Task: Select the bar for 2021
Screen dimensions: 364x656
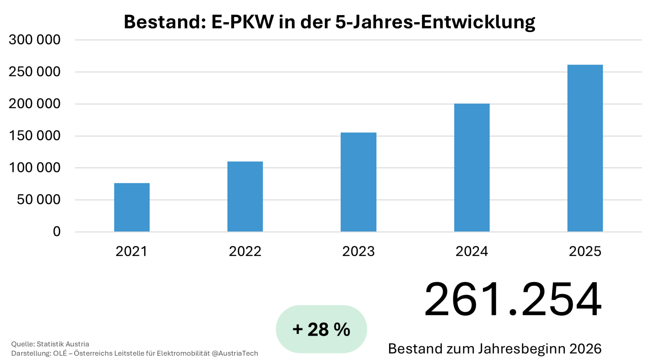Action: [132, 207]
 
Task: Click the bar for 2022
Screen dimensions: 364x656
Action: [245, 196]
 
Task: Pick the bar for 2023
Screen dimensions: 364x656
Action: [358, 182]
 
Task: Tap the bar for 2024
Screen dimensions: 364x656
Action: [472, 167]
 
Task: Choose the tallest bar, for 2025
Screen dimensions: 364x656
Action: [585, 148]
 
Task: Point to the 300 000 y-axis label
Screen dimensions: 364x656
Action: [35, 40]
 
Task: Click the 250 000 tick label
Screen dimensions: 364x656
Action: [35, 72]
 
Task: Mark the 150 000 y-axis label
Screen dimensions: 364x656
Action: [35, 136]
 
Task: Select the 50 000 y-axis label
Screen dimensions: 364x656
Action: [39, 200]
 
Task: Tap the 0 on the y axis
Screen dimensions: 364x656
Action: [57, 232]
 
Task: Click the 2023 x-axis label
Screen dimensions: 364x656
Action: [358, 251]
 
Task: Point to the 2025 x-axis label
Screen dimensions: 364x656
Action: [585, 251]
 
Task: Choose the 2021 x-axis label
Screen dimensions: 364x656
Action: [132, 251]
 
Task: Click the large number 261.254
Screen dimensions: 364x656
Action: [513, 299]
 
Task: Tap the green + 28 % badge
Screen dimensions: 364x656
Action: [321, 329]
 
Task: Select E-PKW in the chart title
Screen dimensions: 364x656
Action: [243, 22]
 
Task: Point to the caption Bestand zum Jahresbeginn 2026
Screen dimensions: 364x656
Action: [494, 349]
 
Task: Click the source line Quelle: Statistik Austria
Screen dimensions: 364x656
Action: [50, 344]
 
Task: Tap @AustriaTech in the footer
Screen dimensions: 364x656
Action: [235, 353]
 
